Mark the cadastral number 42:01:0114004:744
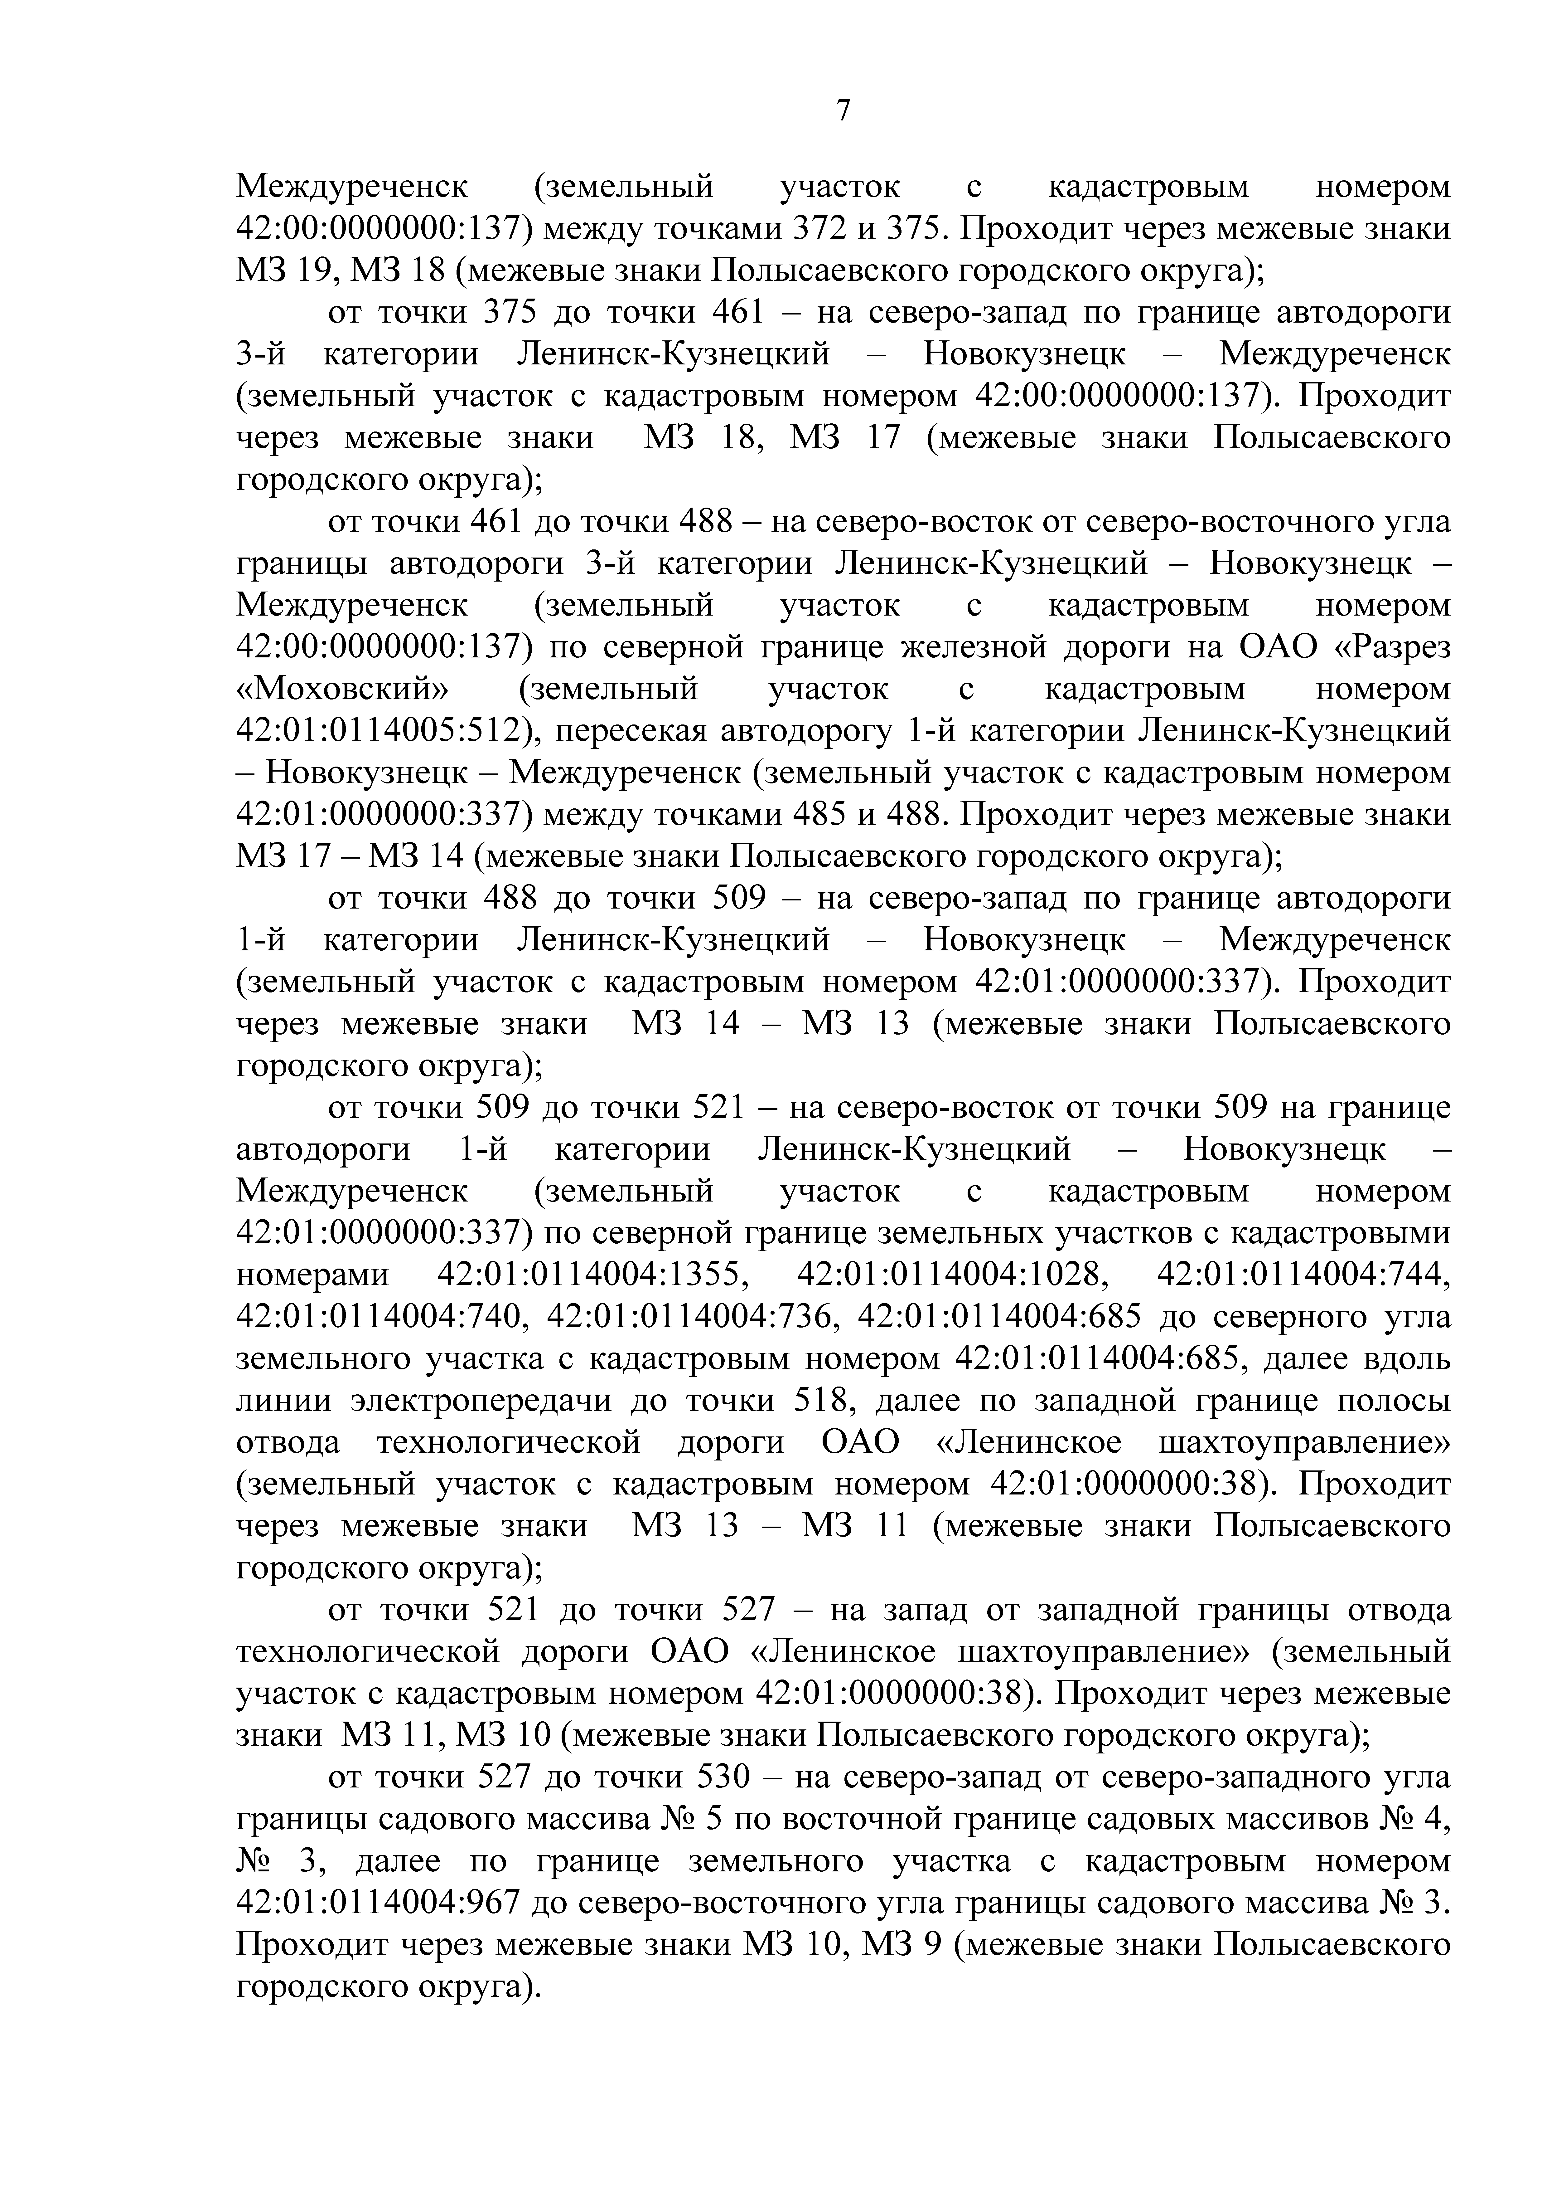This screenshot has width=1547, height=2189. [1304, 1275]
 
